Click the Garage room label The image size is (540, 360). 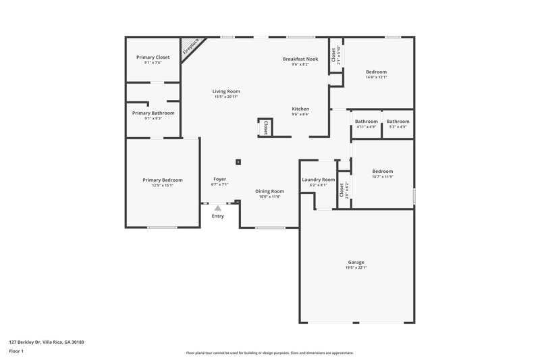[x=356, y=262]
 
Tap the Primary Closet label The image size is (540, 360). [x=153, y=57]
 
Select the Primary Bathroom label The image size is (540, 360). [x=153, y=113]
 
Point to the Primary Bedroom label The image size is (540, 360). [x=163, y=180]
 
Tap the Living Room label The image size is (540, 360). [x=226, y=91]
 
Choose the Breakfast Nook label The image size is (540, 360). [x=300, y=59]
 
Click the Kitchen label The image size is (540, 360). [x=300, y=109]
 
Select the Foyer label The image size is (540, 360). [x=220, y=178]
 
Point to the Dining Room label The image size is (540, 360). [x=269, y=191]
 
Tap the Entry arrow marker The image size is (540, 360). [x=217, y=208]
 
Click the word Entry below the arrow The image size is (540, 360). [x=217, y=216]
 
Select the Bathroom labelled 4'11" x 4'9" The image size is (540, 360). [x=367, y=121]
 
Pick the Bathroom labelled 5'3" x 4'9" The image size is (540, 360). [x=398, y=121]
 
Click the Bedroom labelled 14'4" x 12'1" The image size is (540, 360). [x=376, y=72]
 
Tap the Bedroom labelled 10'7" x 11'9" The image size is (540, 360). [x=382, y=171]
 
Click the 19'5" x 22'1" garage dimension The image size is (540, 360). [x=356, y=268]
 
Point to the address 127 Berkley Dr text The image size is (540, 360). [x=47, y=342]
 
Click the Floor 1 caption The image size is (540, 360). [x=16, y=352]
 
